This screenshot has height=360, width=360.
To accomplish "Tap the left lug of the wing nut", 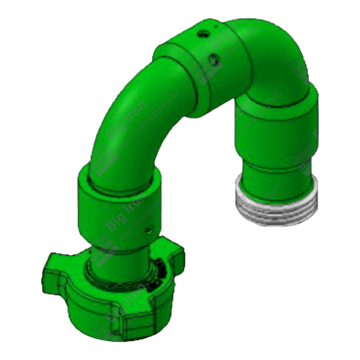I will (55, 267).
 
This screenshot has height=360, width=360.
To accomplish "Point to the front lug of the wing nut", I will (120, 309).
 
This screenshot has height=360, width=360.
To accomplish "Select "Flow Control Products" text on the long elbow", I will (147, 117).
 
